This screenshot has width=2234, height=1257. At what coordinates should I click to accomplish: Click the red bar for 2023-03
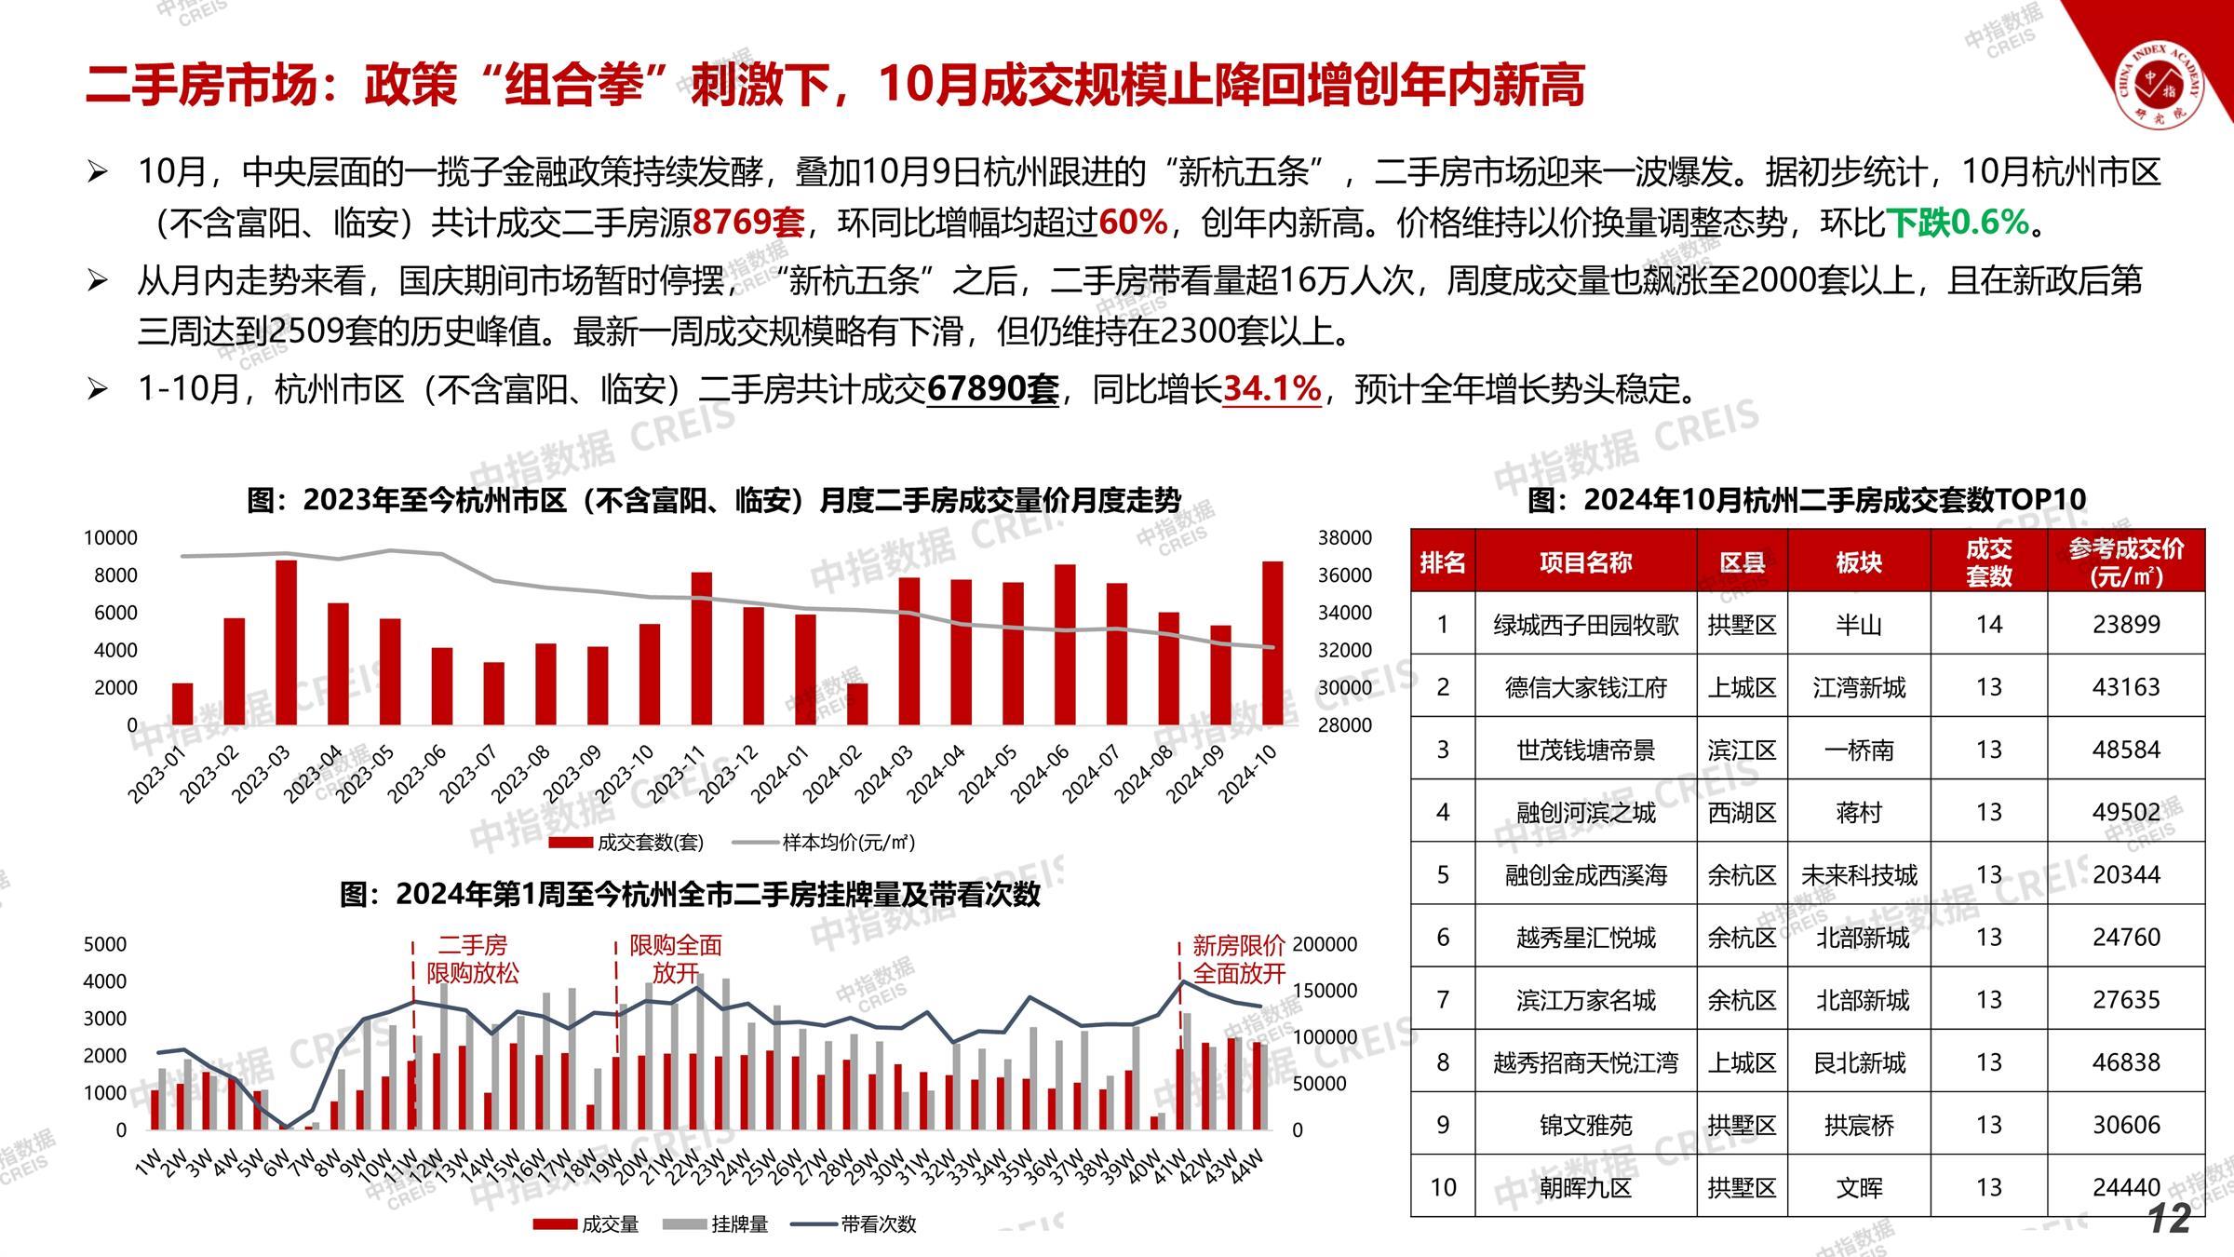(x=287, y=642)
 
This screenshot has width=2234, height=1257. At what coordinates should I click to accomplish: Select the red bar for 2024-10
(x=1272, y=642)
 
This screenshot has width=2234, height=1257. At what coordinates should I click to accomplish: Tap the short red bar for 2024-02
(x=857, y=704)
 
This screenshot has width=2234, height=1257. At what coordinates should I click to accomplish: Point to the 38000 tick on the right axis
(x=1344, y=538)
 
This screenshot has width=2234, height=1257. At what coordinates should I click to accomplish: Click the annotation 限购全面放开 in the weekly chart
(x=676, y=959)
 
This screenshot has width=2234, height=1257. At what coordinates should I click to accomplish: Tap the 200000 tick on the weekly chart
(x=1325, y=944)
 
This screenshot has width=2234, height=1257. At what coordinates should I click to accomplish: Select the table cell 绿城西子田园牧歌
(x=1585, y=625)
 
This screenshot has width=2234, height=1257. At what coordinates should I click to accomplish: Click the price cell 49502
(x=2126, y=813)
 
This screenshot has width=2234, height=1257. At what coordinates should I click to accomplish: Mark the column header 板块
(x=1859, y=562)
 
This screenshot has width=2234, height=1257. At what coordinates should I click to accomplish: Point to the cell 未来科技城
(x=1859, y=875)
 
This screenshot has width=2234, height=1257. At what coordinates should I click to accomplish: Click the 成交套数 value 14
(x=1988, y=625)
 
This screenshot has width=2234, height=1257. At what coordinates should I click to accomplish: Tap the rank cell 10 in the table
(x=1443, y=1187)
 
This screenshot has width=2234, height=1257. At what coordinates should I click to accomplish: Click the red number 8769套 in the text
(x=748, y=223)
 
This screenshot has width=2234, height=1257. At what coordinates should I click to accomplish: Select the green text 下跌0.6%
(x=1957, y=223)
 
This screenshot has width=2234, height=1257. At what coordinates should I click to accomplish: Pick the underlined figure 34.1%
(x=1272, y=389)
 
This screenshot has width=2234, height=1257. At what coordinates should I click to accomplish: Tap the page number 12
(x=2171, y=1220)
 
